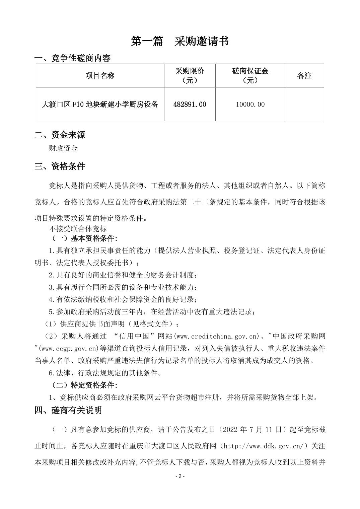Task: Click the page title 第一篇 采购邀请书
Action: (180, 42)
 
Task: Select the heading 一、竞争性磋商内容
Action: (73, 58)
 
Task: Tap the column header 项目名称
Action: (100, 76)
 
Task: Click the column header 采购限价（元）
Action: (190, 76)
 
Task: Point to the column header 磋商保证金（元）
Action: (250, 76)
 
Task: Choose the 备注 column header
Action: (304, 76)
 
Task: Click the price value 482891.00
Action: (190, 104)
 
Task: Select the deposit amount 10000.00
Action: (250, 104)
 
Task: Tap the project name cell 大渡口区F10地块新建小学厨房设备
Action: (100, 104)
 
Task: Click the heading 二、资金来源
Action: (60, 135)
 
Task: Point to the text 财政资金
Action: (63, 148)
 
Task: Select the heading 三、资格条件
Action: (60, 166)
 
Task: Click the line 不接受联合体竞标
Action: (78, 229)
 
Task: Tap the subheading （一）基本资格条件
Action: (84, 238)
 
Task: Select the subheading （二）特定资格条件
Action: (84, 385)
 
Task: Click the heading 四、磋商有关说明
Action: (68, 410)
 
